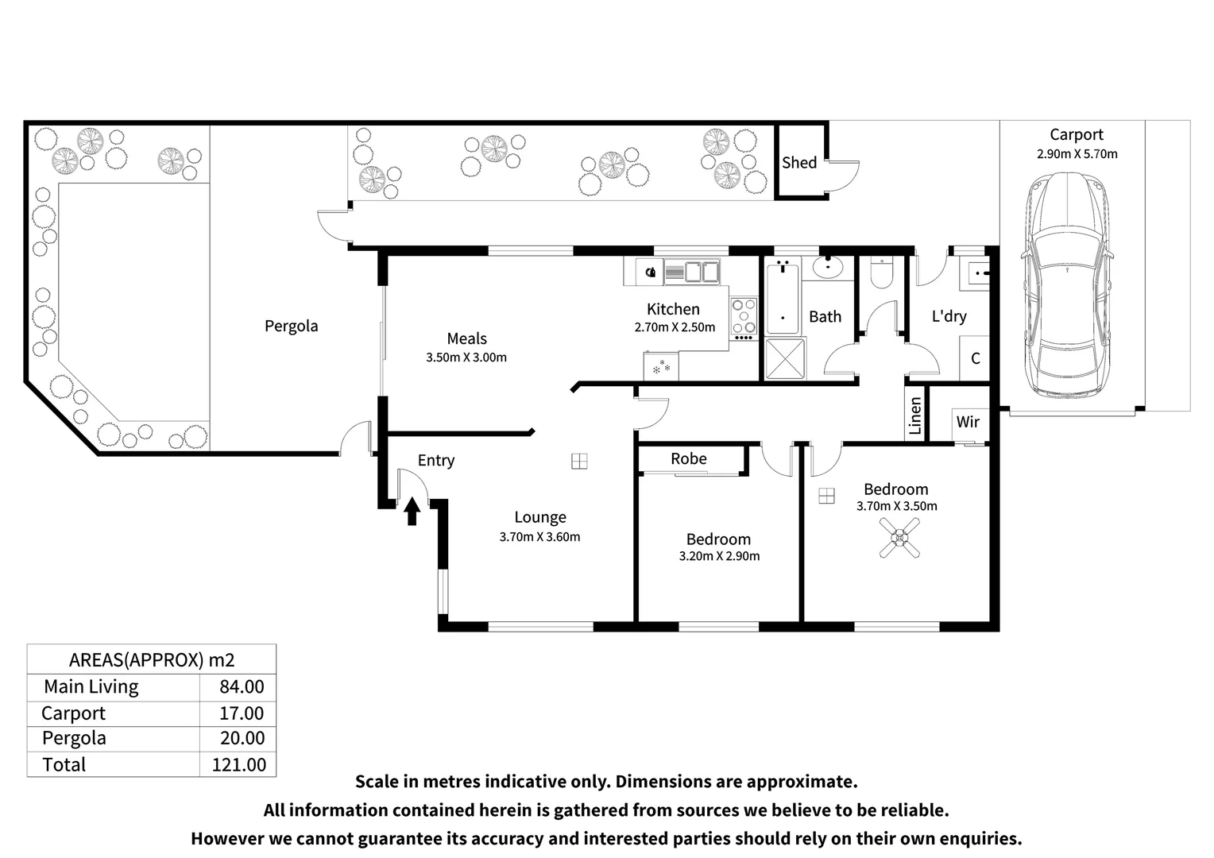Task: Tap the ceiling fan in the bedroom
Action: [x=899, y=538]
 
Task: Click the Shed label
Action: [x=798, y=163]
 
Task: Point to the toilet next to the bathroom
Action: [x=882, y=273]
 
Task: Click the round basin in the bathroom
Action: [x=827, y=267]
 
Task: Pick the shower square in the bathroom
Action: [x=785, y=358]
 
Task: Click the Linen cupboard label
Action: [x=915, y=415]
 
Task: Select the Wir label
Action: [x=968, y=422]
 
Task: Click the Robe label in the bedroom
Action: [x=689, y=458]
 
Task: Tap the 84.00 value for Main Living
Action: [x=242, y=686]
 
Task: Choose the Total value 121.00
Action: [x=239, y=765]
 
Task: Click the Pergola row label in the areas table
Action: [x=74, y=739]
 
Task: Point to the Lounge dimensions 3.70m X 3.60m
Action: [x=539, y=536]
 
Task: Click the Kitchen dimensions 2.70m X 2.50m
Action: [x=675, y=327]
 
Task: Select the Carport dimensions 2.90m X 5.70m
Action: [x=1077, y=154]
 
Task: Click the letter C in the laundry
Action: [x=976, y=358]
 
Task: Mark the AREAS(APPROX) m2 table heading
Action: [x=152, y=660]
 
